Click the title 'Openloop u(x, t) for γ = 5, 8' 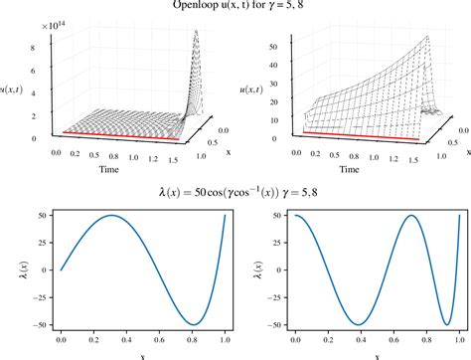pos(235,7)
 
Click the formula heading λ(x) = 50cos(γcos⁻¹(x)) pos(235,190)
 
